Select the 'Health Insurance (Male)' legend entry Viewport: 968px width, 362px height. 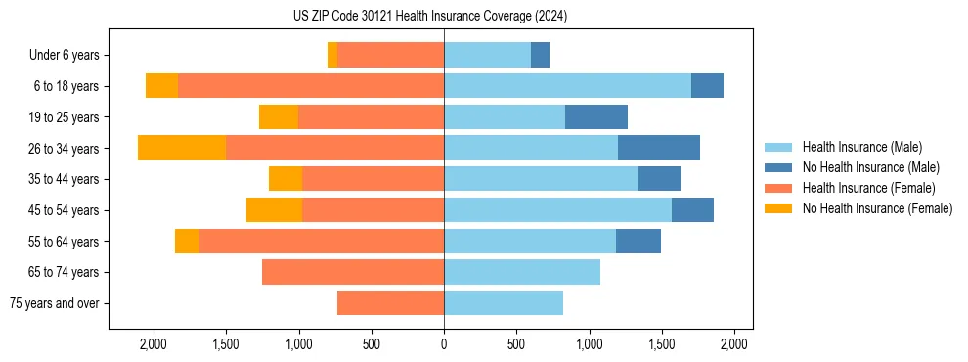[861, 147]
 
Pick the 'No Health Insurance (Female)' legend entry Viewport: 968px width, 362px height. [877, 208]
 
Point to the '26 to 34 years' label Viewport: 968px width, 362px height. [65, 149]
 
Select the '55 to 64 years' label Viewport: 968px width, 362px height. [65, 242]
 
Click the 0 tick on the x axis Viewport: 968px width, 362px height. [444, 344]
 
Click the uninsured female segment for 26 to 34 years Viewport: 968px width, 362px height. [182, 148]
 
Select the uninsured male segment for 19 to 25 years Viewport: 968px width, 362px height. [596, 117]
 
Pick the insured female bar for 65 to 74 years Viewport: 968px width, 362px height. [353, 272]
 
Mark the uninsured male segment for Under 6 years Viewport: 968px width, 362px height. [540, 56]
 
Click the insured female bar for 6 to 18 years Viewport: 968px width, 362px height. [311, 86]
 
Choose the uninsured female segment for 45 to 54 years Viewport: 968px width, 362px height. [274, 210]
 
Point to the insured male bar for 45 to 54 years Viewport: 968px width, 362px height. [557, 210]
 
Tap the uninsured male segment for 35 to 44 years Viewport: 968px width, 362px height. [659, 179]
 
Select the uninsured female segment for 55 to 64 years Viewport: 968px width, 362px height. [187, 242]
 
